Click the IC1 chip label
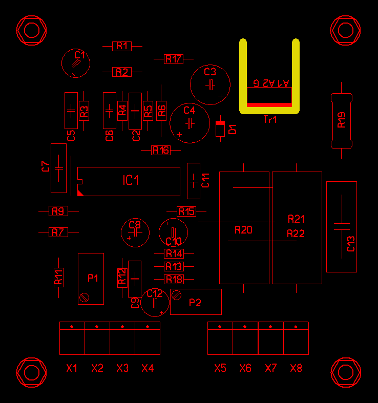(x=131, y=180)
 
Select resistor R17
(x=173, y=59)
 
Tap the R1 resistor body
(x=121, y=46)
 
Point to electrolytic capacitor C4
(x=190, y=123)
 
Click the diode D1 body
(x=220, y=128)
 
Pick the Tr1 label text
(x=270, y=120)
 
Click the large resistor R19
(x=342, y=121)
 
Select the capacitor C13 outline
(x=342, y=226)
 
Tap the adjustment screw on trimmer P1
(x=85, y=296)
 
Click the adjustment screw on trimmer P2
(x=177, y=294)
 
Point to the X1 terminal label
(x=72, y=368)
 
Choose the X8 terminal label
(x=296, y=368)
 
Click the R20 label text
(x=243, y=230)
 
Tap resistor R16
(x=161, y=151)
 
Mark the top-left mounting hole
(x=32, y=30)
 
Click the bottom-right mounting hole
(x=346, y=372)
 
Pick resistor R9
(x=58, y=210)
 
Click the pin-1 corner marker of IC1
(x=80, y=193)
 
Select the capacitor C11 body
(x=193, y=180)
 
